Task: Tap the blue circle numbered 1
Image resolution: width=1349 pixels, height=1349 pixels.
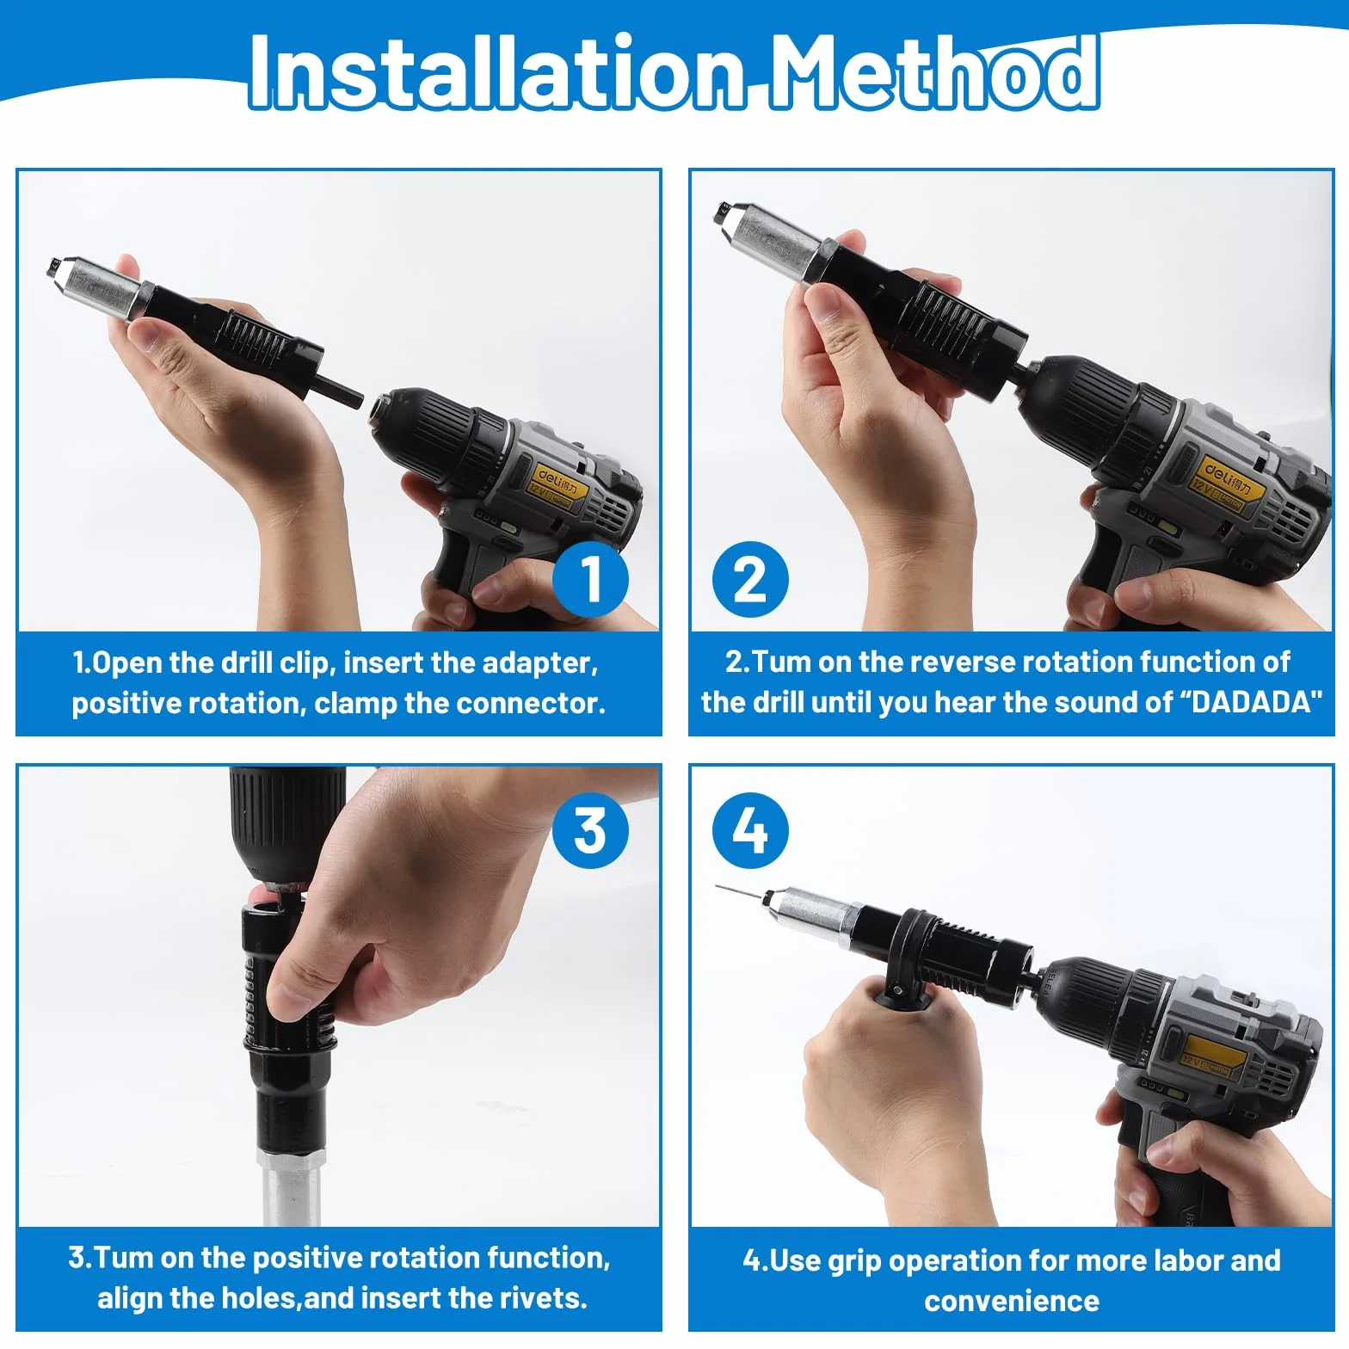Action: point(590,579)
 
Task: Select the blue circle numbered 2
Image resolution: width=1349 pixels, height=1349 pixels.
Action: point(750,579)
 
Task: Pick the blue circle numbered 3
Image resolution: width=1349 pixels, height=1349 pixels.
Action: point(590,830)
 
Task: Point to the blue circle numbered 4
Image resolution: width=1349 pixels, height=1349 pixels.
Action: point(750,830)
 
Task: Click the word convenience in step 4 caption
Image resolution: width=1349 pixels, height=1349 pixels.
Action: point(1012,1301)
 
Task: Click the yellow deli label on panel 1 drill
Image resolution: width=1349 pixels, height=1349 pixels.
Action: point(557,487)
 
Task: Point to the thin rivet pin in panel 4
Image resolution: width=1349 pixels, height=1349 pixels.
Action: point(741,892)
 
